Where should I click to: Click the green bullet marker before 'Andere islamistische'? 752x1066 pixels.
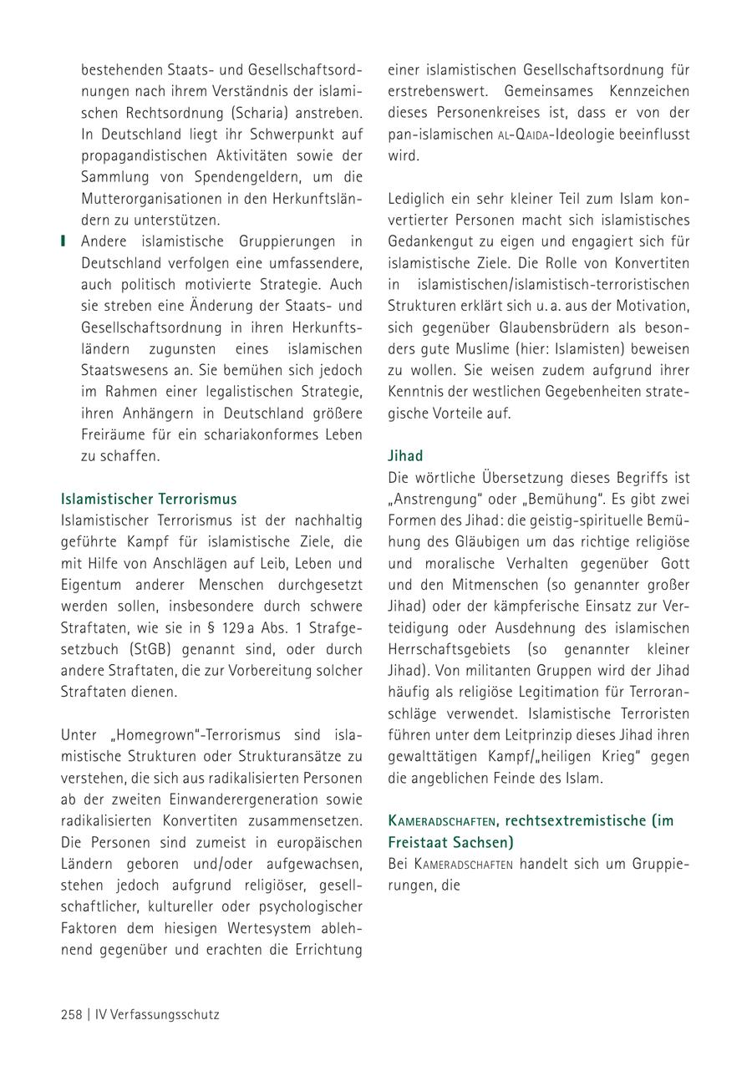coord(63,241)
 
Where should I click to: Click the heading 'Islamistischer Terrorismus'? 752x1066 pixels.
coord(149,499)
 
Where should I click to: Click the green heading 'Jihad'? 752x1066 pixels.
coord(405,455)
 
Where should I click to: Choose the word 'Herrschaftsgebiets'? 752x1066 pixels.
coord(449,649)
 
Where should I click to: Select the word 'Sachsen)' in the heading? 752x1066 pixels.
coord(482,841)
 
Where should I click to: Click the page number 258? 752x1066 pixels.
coord(71,1015)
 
